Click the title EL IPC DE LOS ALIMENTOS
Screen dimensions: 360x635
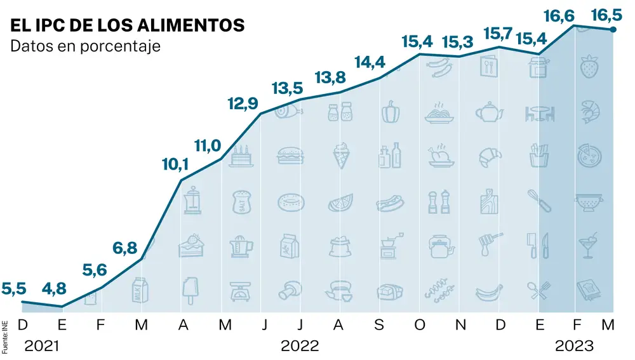pos(128,25)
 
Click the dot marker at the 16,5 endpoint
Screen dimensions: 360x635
pos(613,29)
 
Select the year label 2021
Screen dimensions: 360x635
pos(41,347)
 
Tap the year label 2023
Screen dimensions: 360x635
pos(574,347)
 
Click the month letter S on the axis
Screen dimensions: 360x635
pos(380,325)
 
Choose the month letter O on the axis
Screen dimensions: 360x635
pos(420,325)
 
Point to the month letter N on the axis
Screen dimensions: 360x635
pos(461,325)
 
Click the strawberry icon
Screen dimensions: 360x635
pos(588,66)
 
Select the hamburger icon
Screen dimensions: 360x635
pos(290,156)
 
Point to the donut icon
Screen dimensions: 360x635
pos(290,202)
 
